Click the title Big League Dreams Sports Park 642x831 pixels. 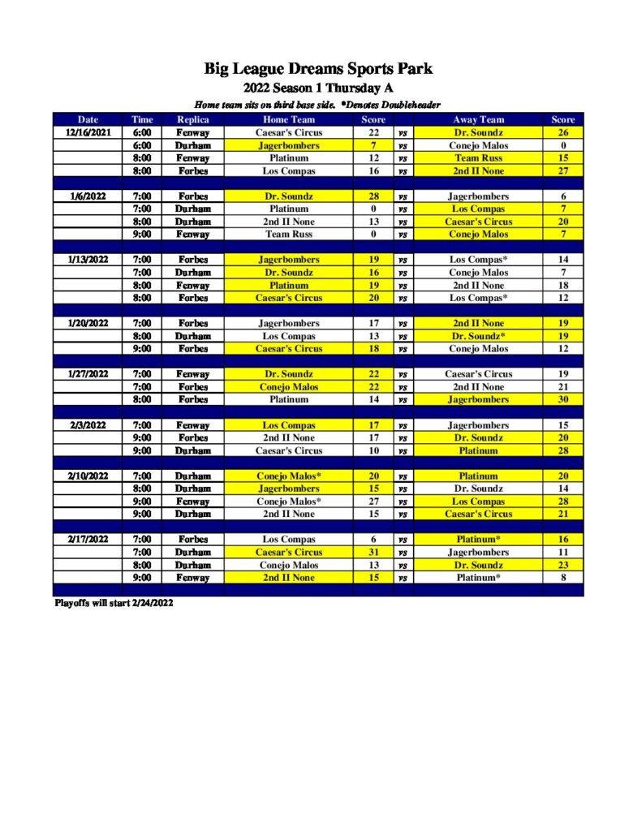tap(318, 69)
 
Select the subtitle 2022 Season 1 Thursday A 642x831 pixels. tap(318, 88)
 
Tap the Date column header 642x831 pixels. tap(88, 120)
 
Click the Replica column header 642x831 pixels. tap(192, 120)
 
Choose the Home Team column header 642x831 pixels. tap(289, 120)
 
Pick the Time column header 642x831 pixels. tap(142, 120)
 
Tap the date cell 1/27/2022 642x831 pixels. tap(88, 374)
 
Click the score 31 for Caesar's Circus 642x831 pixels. tap(373, 552)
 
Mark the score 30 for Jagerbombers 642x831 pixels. tap(562, 399)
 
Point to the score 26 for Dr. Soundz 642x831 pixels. tap(562, 132)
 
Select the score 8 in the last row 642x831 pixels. tap(562, 578)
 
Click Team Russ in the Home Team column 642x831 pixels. tap(289, 235)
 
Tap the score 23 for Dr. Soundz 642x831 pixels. tap(562, 565)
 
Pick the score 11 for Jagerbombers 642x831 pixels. tap(562, 552)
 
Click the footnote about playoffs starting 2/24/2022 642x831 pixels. tap(114, 603)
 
